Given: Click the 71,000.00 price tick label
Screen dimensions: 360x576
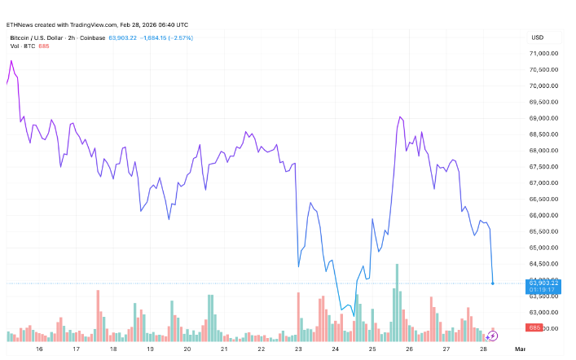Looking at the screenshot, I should click(543, 53).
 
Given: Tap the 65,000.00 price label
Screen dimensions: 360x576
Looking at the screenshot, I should click(543, 248).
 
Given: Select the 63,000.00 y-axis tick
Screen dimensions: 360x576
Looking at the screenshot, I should click(543, 312).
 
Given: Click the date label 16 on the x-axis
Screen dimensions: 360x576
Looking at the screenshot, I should click(39, 349).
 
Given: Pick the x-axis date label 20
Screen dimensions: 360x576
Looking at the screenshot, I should click(187, 349).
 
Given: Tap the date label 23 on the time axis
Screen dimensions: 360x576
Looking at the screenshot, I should click(298, 349).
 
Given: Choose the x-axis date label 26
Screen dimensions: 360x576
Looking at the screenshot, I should click(409, 349).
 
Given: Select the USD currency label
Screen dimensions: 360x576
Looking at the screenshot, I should click(538, 37).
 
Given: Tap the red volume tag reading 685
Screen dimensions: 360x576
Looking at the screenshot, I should click(534, 327).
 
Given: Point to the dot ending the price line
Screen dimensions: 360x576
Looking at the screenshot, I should click(493, 283).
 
